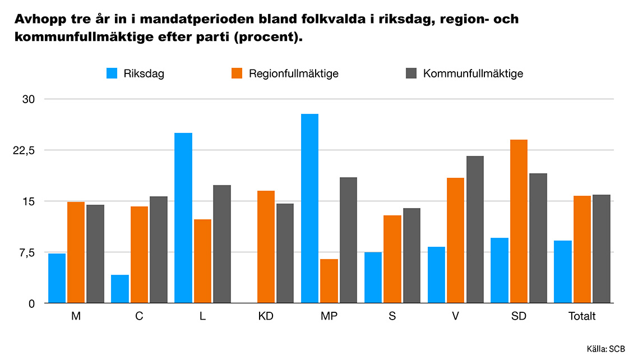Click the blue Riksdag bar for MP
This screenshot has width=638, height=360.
[309, 209]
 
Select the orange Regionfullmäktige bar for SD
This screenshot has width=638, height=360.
[519, 221]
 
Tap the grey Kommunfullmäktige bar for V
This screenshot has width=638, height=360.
[475, 229]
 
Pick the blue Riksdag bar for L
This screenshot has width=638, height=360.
[183, 218]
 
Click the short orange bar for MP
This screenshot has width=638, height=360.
[329, 281]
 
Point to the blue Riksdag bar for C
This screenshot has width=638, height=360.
[120, 289]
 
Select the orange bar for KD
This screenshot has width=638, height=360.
[266, 247]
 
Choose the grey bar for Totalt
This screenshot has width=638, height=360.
[602, 249]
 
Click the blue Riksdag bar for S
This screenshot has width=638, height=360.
[373, 278]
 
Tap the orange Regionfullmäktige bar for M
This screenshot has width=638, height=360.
[76, 252]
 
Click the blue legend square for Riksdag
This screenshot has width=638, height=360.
[112, 73]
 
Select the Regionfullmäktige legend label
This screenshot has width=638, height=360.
[293, 73]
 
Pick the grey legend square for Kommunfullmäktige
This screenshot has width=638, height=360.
[412, 73]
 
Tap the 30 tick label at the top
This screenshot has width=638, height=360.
[28, 99]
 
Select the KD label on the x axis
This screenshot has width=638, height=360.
[266, 316]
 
